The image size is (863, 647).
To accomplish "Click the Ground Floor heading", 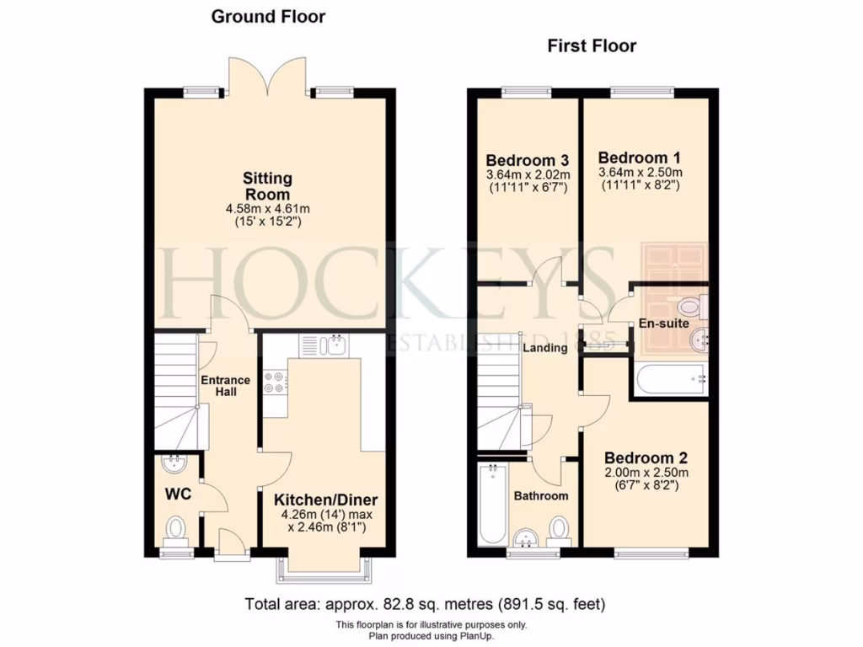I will pyautogui.click(x=268, y=16).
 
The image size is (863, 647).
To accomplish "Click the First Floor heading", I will pyautogui.click(x=592, y=45).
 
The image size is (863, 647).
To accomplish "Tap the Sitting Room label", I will pyautogui.click(x=268, y=186).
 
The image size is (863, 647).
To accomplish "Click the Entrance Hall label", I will pyautogui.click(x=225, y=385).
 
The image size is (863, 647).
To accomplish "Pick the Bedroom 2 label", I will pyautogui.click(x=646, y=458).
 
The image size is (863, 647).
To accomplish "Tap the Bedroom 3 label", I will pyautogui.click(x=528, y=160).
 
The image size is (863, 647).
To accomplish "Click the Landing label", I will pyautogui.click(x=545, y=347).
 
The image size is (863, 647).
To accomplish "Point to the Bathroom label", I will pyautogui.click(x=541, y=496).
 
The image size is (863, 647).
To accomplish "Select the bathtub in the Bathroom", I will pyautogui.click(x=490, y=505).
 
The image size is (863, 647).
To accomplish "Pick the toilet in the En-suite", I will pyautogui.click(x=692, y=305).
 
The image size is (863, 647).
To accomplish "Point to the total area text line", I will pyautogui.click(x=425, y=603).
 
